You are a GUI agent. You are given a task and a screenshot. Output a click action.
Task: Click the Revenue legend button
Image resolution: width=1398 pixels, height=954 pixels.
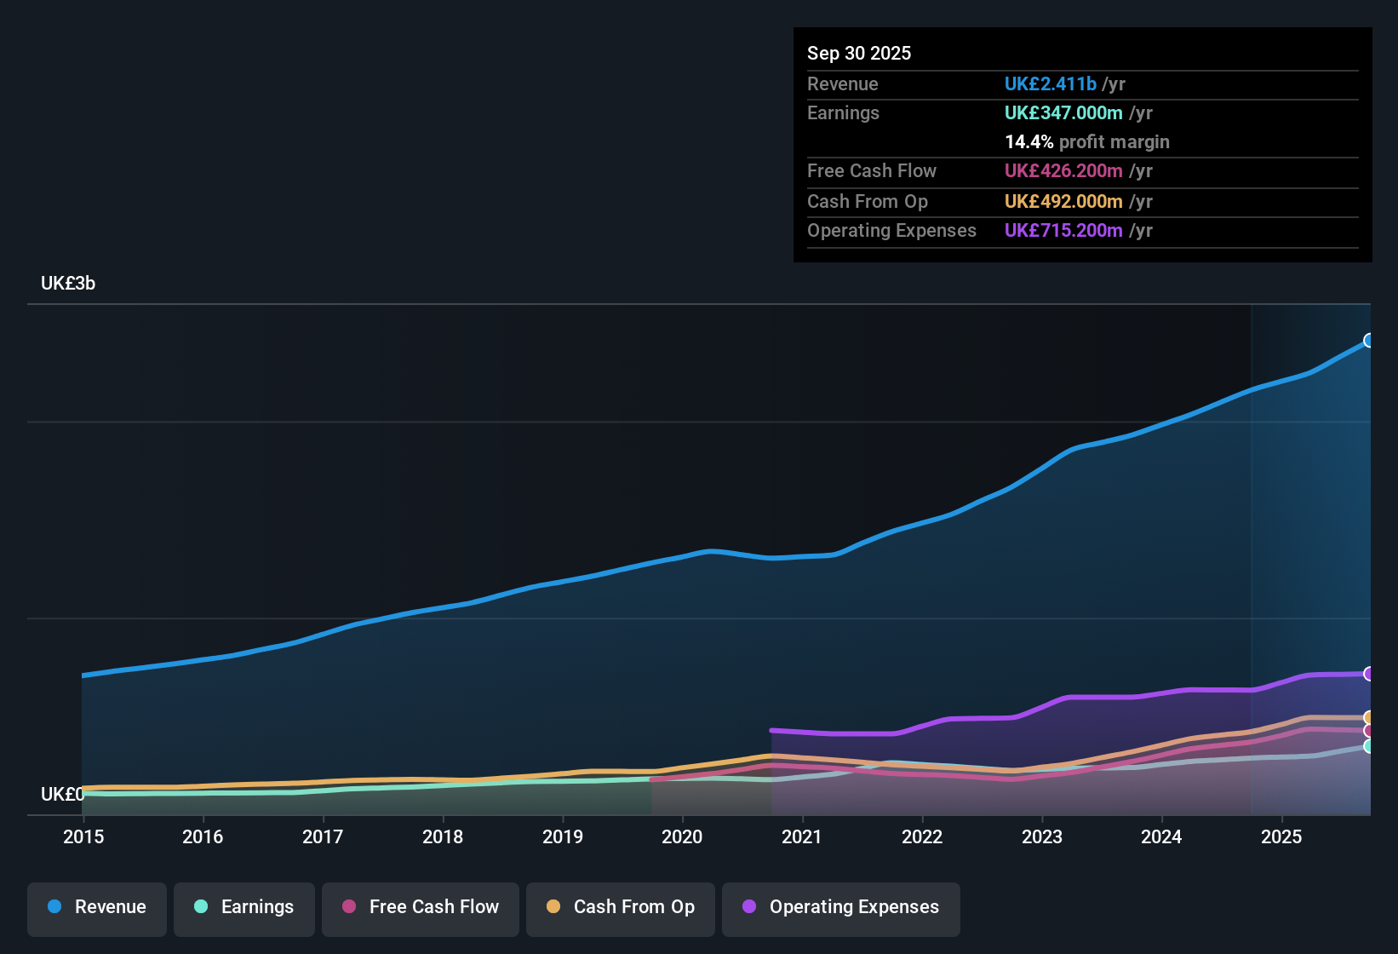97,907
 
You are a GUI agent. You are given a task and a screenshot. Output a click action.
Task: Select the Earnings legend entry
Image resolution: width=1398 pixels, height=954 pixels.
244,907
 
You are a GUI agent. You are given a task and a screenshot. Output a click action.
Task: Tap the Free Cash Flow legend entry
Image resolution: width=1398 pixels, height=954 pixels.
421,907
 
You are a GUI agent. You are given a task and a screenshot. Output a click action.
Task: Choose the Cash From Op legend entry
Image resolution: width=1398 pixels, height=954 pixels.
621,907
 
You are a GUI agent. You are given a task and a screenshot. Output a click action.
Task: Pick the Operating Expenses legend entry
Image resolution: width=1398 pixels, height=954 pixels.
841,907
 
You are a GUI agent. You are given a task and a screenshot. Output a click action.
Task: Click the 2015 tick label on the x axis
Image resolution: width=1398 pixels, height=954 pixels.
83,836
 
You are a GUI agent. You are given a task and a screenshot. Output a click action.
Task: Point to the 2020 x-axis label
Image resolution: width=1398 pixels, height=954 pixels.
682,836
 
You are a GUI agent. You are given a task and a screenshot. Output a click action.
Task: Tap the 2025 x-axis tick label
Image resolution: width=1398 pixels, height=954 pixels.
1281,836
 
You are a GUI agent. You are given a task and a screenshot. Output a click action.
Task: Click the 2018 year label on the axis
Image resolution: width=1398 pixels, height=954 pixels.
443,836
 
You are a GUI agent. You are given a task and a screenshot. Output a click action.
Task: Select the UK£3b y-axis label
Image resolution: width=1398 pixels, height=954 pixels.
68,284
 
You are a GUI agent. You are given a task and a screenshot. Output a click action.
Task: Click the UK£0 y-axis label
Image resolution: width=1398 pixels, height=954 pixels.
62,794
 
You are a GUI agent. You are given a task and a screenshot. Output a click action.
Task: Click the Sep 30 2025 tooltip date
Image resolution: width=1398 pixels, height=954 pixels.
859,53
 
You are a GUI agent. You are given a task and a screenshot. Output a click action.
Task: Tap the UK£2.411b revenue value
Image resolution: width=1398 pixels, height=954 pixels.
1050,83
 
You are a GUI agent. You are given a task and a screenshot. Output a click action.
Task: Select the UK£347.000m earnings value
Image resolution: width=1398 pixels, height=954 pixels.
1063,112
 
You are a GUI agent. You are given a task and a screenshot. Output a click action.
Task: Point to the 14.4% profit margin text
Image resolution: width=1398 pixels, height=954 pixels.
1087,141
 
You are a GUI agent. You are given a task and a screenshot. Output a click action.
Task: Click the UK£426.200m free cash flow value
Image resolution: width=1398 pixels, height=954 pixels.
1063,170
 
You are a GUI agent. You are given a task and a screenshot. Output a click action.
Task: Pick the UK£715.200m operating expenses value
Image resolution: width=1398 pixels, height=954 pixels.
1063,230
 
